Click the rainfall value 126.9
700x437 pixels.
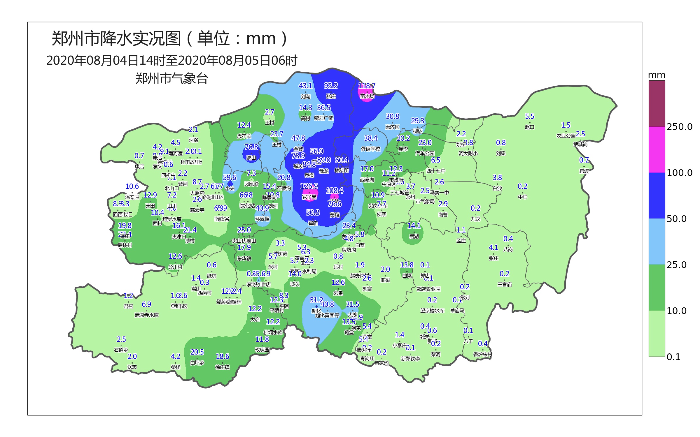coord(309,186)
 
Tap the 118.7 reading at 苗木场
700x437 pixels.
coord(367,86)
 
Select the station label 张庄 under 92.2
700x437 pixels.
coord(331,96)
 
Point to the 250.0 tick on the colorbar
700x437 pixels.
coord(679,127)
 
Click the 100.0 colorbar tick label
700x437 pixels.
coord(679,173)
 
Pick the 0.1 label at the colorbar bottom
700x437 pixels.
coord(673,357)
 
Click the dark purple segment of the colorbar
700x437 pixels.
coord(657,104)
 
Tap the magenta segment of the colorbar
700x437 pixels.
coord(657,150)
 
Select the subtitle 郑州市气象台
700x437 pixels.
coord(171,79)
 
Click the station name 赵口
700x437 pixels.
coord(530,127)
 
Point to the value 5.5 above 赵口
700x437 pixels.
coord(530,117)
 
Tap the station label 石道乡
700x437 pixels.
coord(121,350)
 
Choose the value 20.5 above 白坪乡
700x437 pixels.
coord(197,352)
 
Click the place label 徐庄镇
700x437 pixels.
coord(223,367)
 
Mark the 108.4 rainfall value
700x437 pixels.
coord(334,191)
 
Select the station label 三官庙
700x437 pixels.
coord(505,284)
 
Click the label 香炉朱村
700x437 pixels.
coord(483,354)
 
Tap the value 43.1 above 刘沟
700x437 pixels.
coord(305,86)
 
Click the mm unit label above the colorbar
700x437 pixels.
coord(657,75)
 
